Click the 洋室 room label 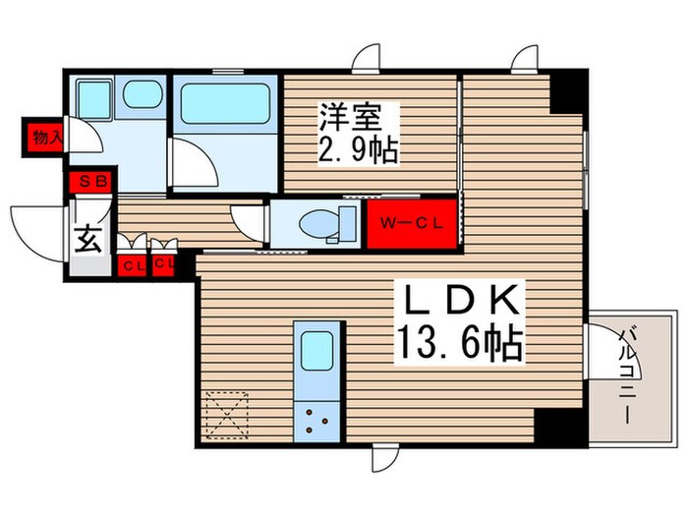pos(349,118)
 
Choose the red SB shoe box pos(93,181)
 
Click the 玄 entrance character pos(87,239)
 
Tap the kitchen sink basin pos(316,349)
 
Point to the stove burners pos(316,420)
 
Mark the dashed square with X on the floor pos(227,414)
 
